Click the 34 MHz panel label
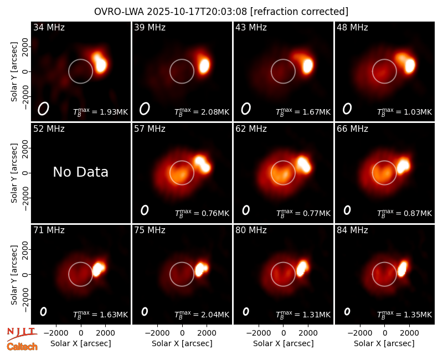tap(49, 27)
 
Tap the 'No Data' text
tap(80, 172)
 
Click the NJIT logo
tap(22, 334)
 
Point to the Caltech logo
tap(22, 347)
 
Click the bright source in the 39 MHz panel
tap(204, 65)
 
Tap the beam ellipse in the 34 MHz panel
tap(43, 109)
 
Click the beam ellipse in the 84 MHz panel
tap(347, 311)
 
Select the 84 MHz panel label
tap(352, 230)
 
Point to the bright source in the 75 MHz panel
tap(202, 269)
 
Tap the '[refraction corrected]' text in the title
tap(299, 12)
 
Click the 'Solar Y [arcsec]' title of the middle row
tap(14, 173)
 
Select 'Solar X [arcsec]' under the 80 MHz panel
tap(283, 343)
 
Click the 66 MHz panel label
tap(352, 129)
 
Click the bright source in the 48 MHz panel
tap(410, 65)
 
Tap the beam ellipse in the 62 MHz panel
tap(246, 210)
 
